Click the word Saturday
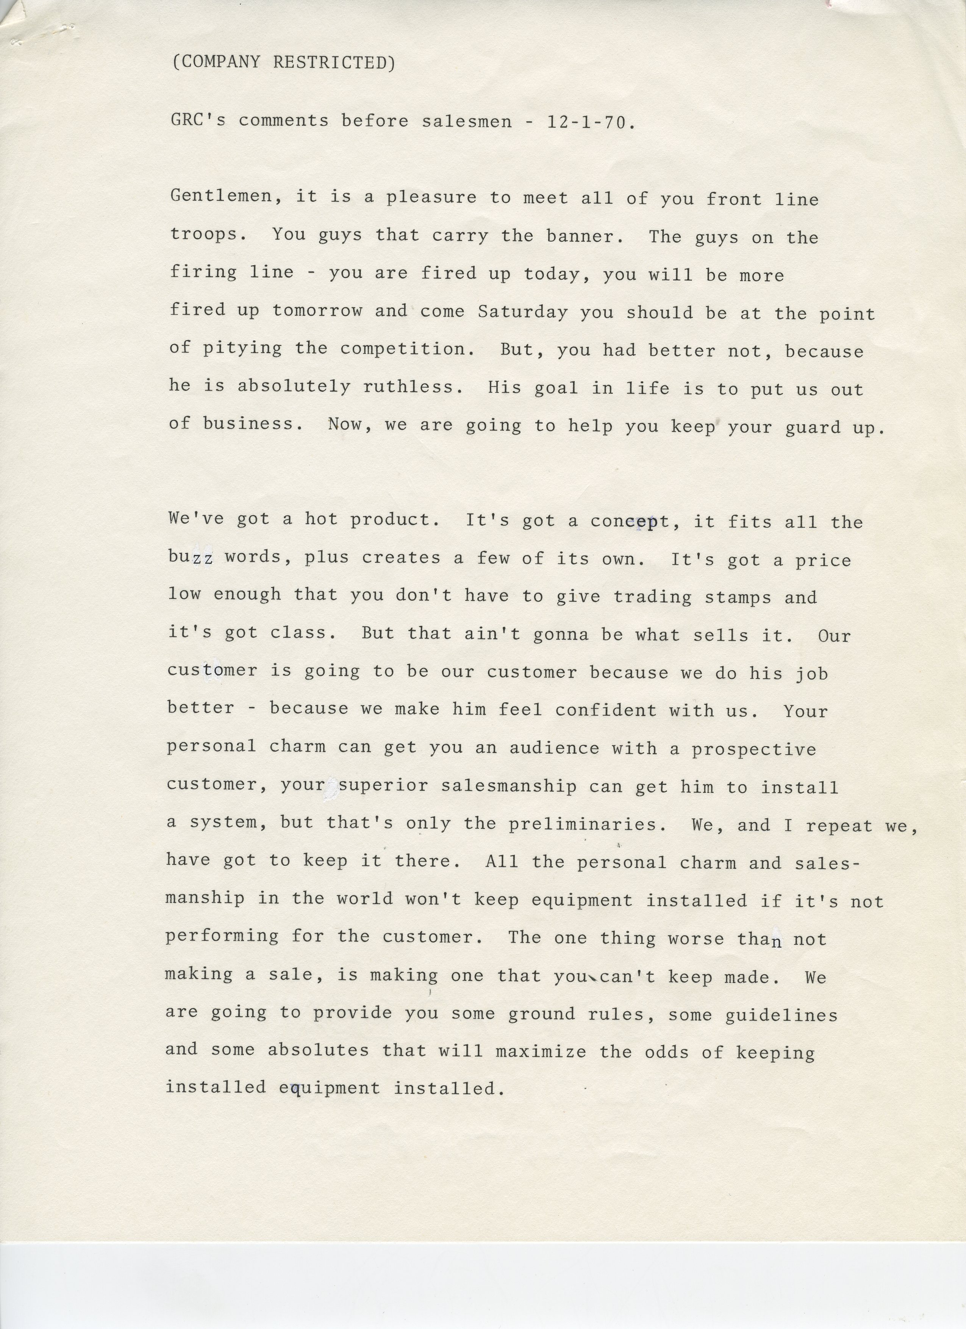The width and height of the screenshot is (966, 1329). click(522, 311)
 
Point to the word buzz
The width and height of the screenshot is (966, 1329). click(191, 557)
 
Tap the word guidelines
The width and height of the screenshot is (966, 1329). click(781, 1014)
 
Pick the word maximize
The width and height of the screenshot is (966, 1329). click(541, 1051)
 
